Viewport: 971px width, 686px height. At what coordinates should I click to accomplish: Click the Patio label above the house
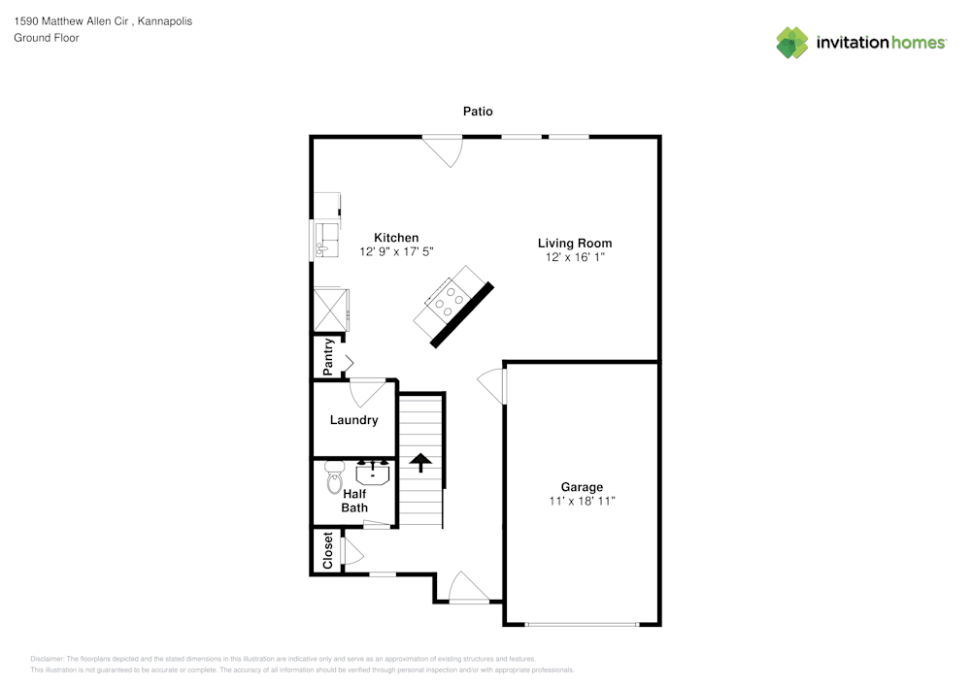point(477,112)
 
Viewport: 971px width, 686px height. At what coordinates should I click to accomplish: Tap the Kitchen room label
point(396,238)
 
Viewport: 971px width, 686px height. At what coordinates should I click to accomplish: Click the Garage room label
point(582,487)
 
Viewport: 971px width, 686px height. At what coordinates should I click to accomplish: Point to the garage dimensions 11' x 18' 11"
point(582,502)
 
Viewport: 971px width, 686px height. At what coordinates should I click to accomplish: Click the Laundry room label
point(353,420)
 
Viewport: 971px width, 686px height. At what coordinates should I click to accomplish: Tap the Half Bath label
point(353,501)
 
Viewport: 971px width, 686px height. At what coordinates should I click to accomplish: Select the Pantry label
point(329,356)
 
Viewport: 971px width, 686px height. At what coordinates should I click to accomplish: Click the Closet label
point(328,550)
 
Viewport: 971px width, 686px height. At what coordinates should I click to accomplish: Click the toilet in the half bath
point(334,475)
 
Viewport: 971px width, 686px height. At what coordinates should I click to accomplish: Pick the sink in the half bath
point(373,474)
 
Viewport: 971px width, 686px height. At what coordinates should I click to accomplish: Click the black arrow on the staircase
point(420,462)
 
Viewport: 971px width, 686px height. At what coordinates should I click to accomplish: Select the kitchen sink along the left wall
point(325,239)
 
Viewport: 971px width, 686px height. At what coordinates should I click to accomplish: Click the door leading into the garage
point(493,385)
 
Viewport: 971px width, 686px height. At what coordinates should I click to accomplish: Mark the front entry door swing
point(468,588)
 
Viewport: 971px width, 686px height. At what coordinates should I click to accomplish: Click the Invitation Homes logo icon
point(792,42)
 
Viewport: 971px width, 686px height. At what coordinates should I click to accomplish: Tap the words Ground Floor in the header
point(46,38)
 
